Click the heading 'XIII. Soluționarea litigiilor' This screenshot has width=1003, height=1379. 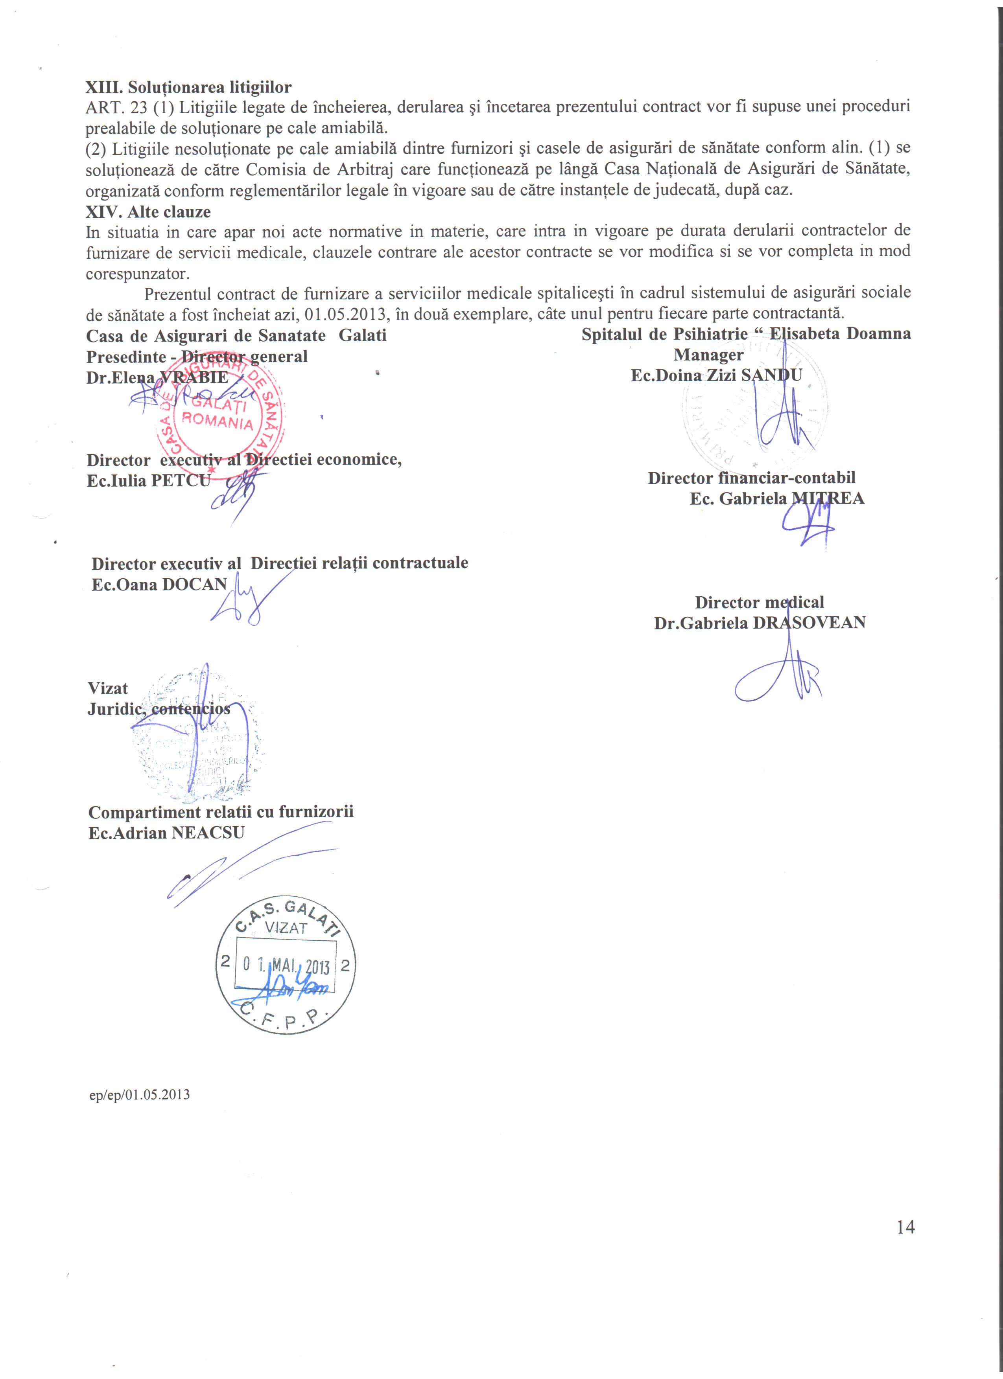pyautogui.click(x=188, y=88)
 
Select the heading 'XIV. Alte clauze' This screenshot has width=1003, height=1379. pyautogui.click(x=148, y=212)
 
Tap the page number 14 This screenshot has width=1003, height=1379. pyautogui.click(x=905, y=1227)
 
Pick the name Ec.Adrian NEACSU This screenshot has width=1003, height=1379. pyautogui.click(x=166, y=832)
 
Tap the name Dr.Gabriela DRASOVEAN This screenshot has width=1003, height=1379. pyautogui.click(x=760, y=623)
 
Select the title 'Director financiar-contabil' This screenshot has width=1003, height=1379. pyautogui.click(x=751, y=478)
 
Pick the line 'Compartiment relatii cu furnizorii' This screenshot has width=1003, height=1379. pyautogui.click(x=221, y=812)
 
